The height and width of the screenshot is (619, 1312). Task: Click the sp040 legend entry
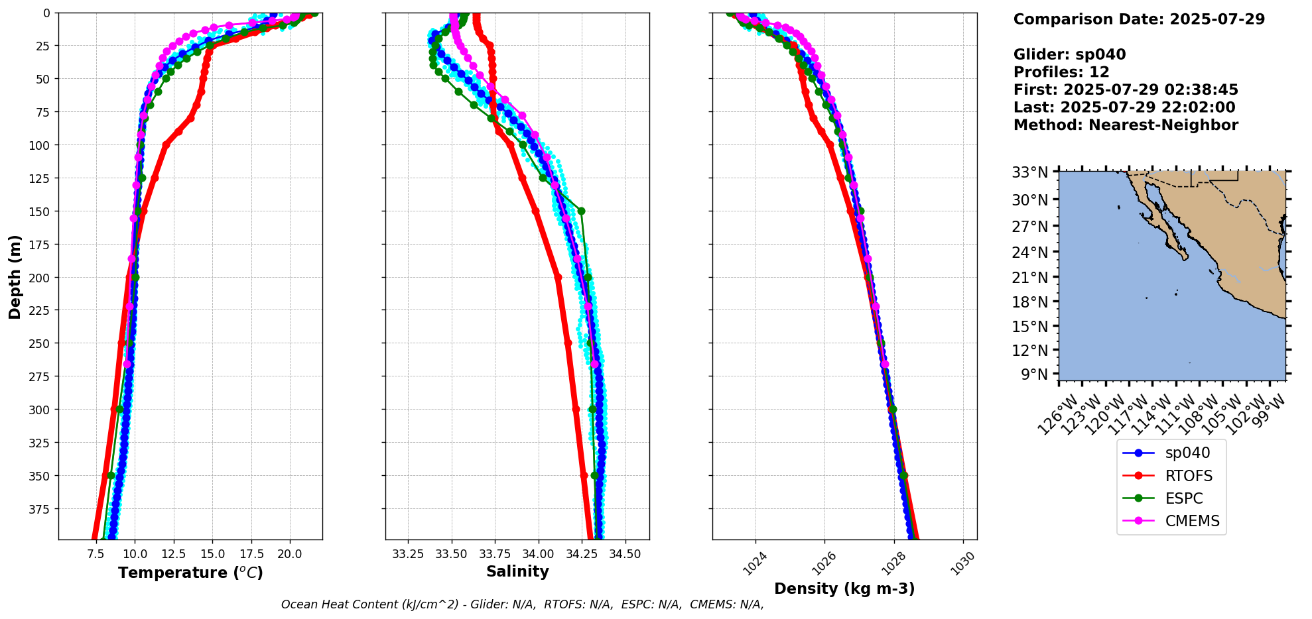tap(1187, 453)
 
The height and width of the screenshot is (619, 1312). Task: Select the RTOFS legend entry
tap(1188, 476)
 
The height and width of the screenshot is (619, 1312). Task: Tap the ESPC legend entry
tap(1183, 498)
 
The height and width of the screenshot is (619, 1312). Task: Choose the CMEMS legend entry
tap(1192, 521)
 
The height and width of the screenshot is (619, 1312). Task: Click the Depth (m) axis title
tap(15, 277)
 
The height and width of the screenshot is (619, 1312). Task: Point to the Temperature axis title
tap(190, 573)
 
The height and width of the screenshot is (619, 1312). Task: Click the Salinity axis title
tap(517, 571)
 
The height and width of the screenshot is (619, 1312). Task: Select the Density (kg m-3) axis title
tap(844, 589)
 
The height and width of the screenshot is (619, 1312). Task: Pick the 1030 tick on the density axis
tap(964, 564)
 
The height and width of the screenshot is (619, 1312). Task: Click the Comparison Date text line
tap(1139, 19)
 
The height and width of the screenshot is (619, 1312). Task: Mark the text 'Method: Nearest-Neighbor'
tap(1126, 125)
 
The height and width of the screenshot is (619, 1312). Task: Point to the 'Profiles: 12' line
tap(1061, 72)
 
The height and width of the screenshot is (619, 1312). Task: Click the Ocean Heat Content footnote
tap(522, 604)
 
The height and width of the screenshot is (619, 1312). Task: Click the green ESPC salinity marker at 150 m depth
tap(581, 211)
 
